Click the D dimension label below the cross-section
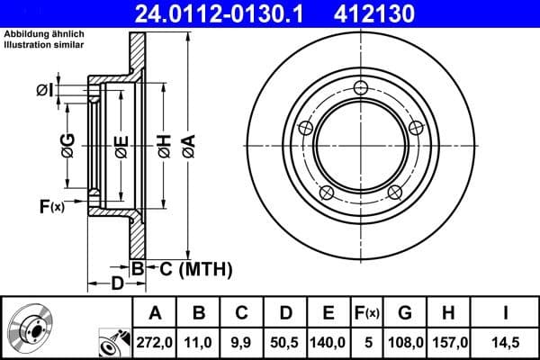pos(117,284)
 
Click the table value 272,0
pos(154,342)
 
